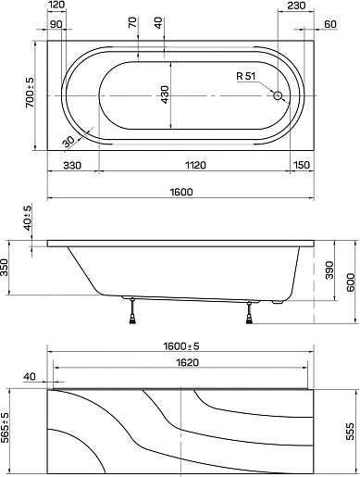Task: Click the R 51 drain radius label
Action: [246, 76]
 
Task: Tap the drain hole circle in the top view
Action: [278, 95]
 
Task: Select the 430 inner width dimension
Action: [165, 94]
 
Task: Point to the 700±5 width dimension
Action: [30, 93]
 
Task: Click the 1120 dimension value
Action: [195, 165]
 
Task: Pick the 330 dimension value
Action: [72, 165]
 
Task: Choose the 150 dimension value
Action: [302, 165]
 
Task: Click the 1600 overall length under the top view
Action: [181, 192]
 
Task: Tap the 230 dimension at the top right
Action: [296, 6]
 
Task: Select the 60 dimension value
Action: [330, 24]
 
